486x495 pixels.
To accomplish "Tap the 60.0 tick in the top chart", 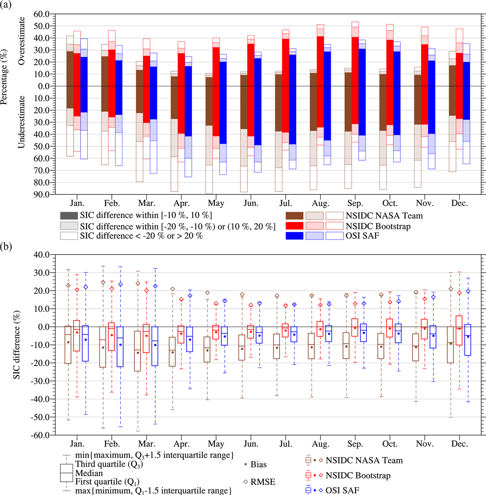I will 41,14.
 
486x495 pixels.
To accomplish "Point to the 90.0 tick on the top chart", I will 41,194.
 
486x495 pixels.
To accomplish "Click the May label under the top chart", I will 216,203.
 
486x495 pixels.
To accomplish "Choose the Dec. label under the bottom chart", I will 459,444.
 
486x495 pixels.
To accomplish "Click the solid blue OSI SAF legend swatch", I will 295,236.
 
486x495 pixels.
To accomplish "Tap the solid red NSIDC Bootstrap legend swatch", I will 295,226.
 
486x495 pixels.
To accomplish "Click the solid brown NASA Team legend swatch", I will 295,215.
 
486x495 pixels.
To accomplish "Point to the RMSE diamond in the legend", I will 246,482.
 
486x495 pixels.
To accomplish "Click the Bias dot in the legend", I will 246,465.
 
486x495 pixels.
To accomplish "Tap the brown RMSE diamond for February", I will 103,282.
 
